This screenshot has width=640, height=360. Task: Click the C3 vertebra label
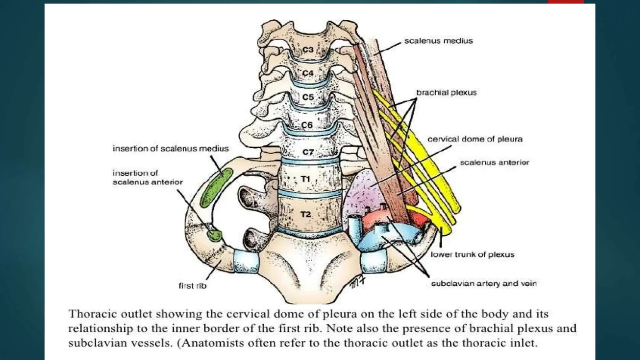(x=308, y=50)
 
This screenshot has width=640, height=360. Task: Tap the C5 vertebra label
(x=308, y=97)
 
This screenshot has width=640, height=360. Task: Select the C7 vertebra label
(x=308, y=152)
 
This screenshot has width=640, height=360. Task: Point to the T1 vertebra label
(x=305, y=179)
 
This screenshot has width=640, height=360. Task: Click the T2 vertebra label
(x=306, y=214)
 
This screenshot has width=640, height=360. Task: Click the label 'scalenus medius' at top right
(x=438, y=41)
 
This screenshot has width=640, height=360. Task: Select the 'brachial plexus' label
(x=446, y=92)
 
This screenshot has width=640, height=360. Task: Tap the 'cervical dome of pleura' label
(x=475, y=139)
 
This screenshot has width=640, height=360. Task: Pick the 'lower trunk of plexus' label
(x=472, y=254)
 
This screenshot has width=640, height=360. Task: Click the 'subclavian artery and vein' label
(x=483, y=283)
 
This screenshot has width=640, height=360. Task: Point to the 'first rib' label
(x=192, y=286)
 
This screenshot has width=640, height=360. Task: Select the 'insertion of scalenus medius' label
(x=171, y=148)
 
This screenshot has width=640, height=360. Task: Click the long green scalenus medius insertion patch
(x=217, y=187)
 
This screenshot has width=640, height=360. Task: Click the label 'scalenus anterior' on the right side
(x=494, y=162)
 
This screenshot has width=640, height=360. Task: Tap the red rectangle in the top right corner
(x=566, y=2)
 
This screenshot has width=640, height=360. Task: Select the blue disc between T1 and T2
(x=308, y=194)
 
